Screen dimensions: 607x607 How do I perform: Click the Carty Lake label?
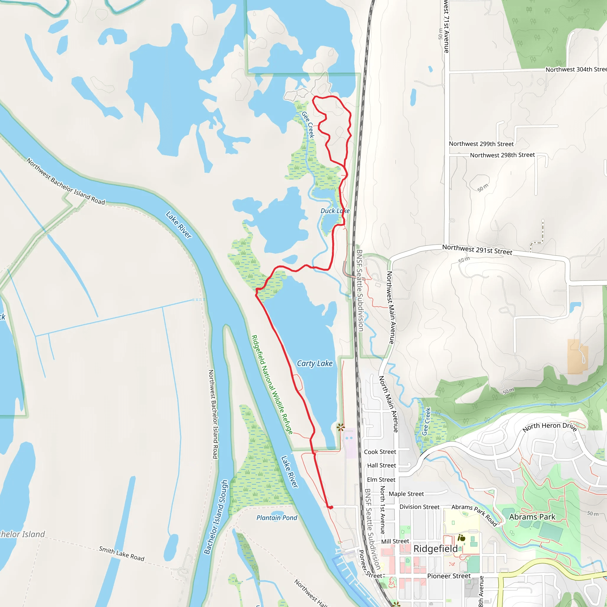point(314,363)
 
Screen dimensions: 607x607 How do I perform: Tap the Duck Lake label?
point(335,211)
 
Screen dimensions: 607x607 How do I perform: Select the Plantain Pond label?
point(277,517)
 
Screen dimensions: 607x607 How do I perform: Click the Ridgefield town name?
point(435,549)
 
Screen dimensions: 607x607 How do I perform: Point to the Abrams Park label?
point(532,517)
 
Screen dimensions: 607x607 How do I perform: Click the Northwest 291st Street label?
point(477,250)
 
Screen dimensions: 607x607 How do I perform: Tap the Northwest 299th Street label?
point(481,144)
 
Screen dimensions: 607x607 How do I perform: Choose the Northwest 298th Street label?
point(502,155)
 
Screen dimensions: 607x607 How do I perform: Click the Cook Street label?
point(380,452)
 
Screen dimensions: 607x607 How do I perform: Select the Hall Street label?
point(381,465)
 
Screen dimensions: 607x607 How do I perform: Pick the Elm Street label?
point(381,480)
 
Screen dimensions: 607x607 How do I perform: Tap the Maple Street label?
point(406,494)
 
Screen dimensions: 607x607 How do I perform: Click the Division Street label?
point(419,507)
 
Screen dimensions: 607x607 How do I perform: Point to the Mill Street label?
point(395,541)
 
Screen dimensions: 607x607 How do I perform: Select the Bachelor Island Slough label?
point(215,517)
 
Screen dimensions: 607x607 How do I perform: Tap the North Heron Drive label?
point(550,427)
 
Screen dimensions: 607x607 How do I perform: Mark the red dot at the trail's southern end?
point(330,507)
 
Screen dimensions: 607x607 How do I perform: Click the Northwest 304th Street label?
point(576,69)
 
